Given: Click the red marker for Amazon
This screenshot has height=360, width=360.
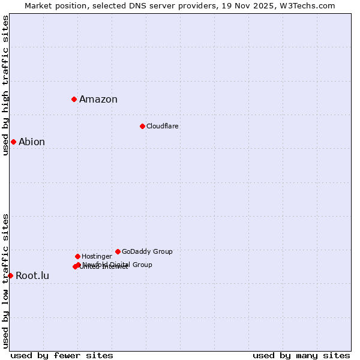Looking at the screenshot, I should (74, 99).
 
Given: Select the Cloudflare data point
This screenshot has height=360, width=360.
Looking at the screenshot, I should (142, 126).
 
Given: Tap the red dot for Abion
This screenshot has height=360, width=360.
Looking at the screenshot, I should (13, 142).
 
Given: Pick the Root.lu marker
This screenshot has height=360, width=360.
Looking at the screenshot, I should (10, 275).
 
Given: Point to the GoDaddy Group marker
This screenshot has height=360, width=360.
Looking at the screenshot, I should (118, 251).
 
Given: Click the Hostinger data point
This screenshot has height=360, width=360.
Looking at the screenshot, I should (77, 256).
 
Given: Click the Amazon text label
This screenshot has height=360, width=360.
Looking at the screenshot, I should (98, 100).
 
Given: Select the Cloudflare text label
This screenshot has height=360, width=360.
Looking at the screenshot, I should (163, 127).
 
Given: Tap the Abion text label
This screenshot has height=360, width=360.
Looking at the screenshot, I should (32, 142).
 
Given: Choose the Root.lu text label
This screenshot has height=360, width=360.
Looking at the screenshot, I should (32, 276).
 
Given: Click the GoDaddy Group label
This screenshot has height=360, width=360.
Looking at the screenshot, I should (147, 252).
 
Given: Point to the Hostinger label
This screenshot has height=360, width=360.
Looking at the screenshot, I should (97, 257).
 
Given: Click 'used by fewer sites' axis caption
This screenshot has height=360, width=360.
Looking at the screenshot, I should (62, 355).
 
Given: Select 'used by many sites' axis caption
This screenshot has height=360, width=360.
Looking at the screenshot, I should (301, 355).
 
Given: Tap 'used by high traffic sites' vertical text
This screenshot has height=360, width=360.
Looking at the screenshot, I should (5, 85).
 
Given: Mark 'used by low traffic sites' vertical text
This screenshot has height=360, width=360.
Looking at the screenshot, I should (5, 280).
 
